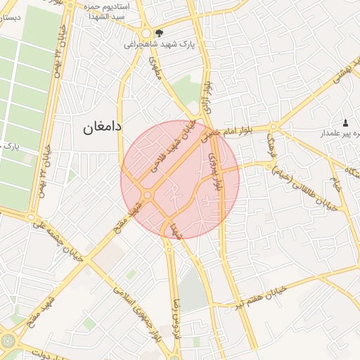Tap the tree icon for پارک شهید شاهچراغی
point(160,32)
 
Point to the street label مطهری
point(155,68)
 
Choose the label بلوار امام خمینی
point(236,134)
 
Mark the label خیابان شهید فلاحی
point(169,149)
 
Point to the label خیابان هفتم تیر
point(264,297)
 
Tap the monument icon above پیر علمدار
point(345,123)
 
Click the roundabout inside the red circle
point(148,195)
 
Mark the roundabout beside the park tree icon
point(146,33)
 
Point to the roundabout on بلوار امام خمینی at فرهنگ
point(274,127)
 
